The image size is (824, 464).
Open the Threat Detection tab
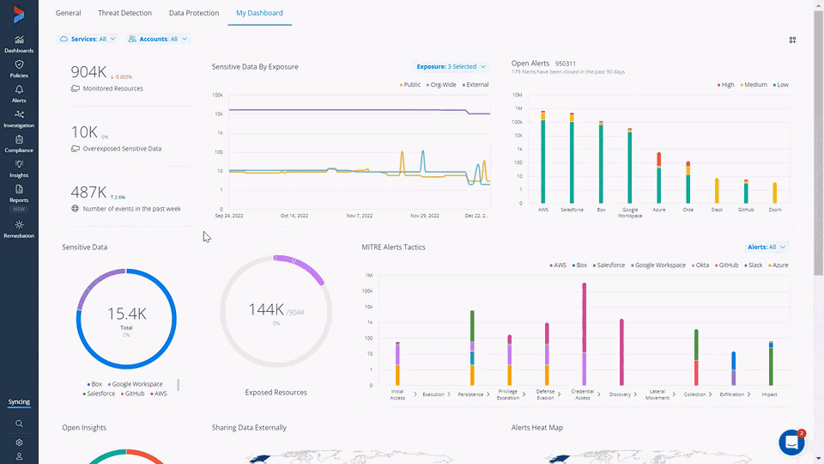coord(125,13)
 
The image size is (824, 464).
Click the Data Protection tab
coord(193,13)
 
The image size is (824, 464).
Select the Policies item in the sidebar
coord(19,69)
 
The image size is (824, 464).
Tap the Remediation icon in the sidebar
coord(19,229)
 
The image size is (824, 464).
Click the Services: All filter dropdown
coord(88,39)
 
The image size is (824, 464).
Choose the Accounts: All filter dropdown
coord(158,39)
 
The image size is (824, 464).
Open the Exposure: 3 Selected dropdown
coord(451,66)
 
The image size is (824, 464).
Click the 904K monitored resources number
coord(88,71)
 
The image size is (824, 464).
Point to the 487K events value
coord(88,192)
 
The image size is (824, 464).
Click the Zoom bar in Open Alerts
coord(774,192)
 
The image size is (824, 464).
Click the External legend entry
coord(476,85)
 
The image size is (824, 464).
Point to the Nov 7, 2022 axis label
coord(359,216)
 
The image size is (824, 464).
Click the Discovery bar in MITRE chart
coord(621,352)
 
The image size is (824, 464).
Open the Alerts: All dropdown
coord(766,247)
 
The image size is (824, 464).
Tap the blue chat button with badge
coord(791,442)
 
